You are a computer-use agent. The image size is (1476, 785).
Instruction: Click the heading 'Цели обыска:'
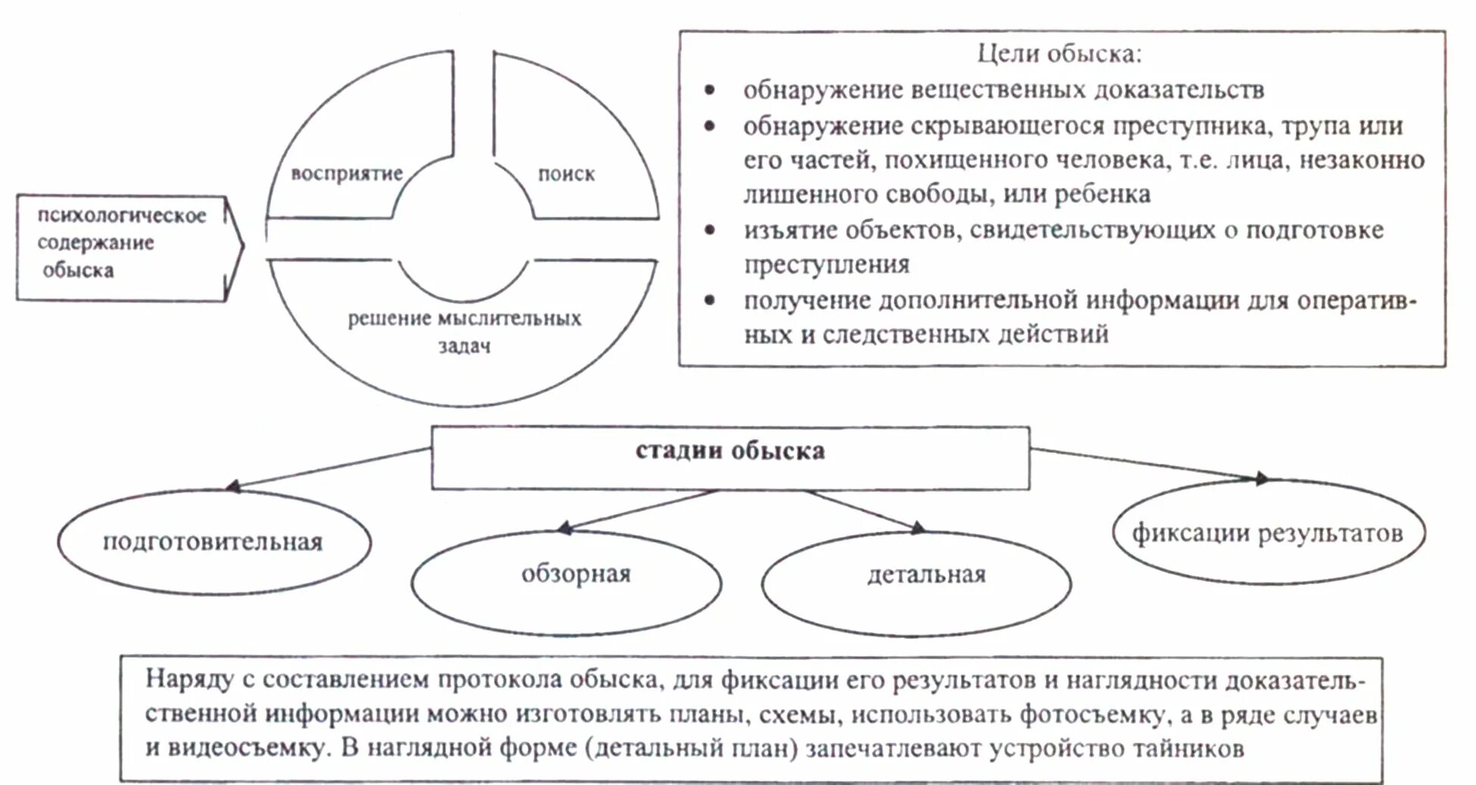(x=1059, y=54)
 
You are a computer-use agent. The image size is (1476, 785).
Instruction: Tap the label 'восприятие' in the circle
(x=347, y=174)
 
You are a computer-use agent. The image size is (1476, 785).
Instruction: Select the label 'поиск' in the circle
(x=566, y=174)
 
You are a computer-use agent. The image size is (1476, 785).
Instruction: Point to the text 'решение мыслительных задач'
(x=464, y=331)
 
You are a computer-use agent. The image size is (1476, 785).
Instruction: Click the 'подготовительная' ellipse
(x=213, y=542)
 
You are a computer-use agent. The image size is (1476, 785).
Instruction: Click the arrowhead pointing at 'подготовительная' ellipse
(x=233, y=486)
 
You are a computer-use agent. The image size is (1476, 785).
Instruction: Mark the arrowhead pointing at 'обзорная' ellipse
(x=563, y=527)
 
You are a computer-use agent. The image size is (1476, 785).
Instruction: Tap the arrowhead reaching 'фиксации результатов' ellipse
(x=1261, y=478)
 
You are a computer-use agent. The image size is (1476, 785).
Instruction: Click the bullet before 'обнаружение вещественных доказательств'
(x=710, y=90)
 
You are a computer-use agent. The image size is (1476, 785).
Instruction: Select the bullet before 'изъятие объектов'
(x=710, y=230)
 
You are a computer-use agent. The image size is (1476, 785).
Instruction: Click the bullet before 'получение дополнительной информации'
(x=710, y=300)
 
